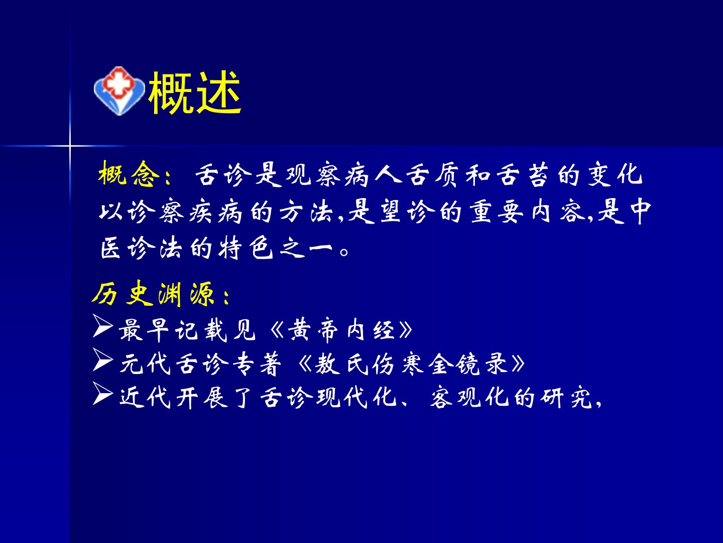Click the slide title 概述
[x=195, y=93]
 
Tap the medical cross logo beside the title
[x=119, y=90]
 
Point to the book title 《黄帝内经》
[x=341, y=330]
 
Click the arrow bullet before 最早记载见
[x=103, y=326]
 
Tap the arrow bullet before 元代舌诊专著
[x=103, y=359]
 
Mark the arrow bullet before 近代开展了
[x=103, y=393]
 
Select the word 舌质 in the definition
[x=432, y=174]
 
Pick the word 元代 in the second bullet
[x=145, y=364]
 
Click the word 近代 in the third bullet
[x=145, y=397]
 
